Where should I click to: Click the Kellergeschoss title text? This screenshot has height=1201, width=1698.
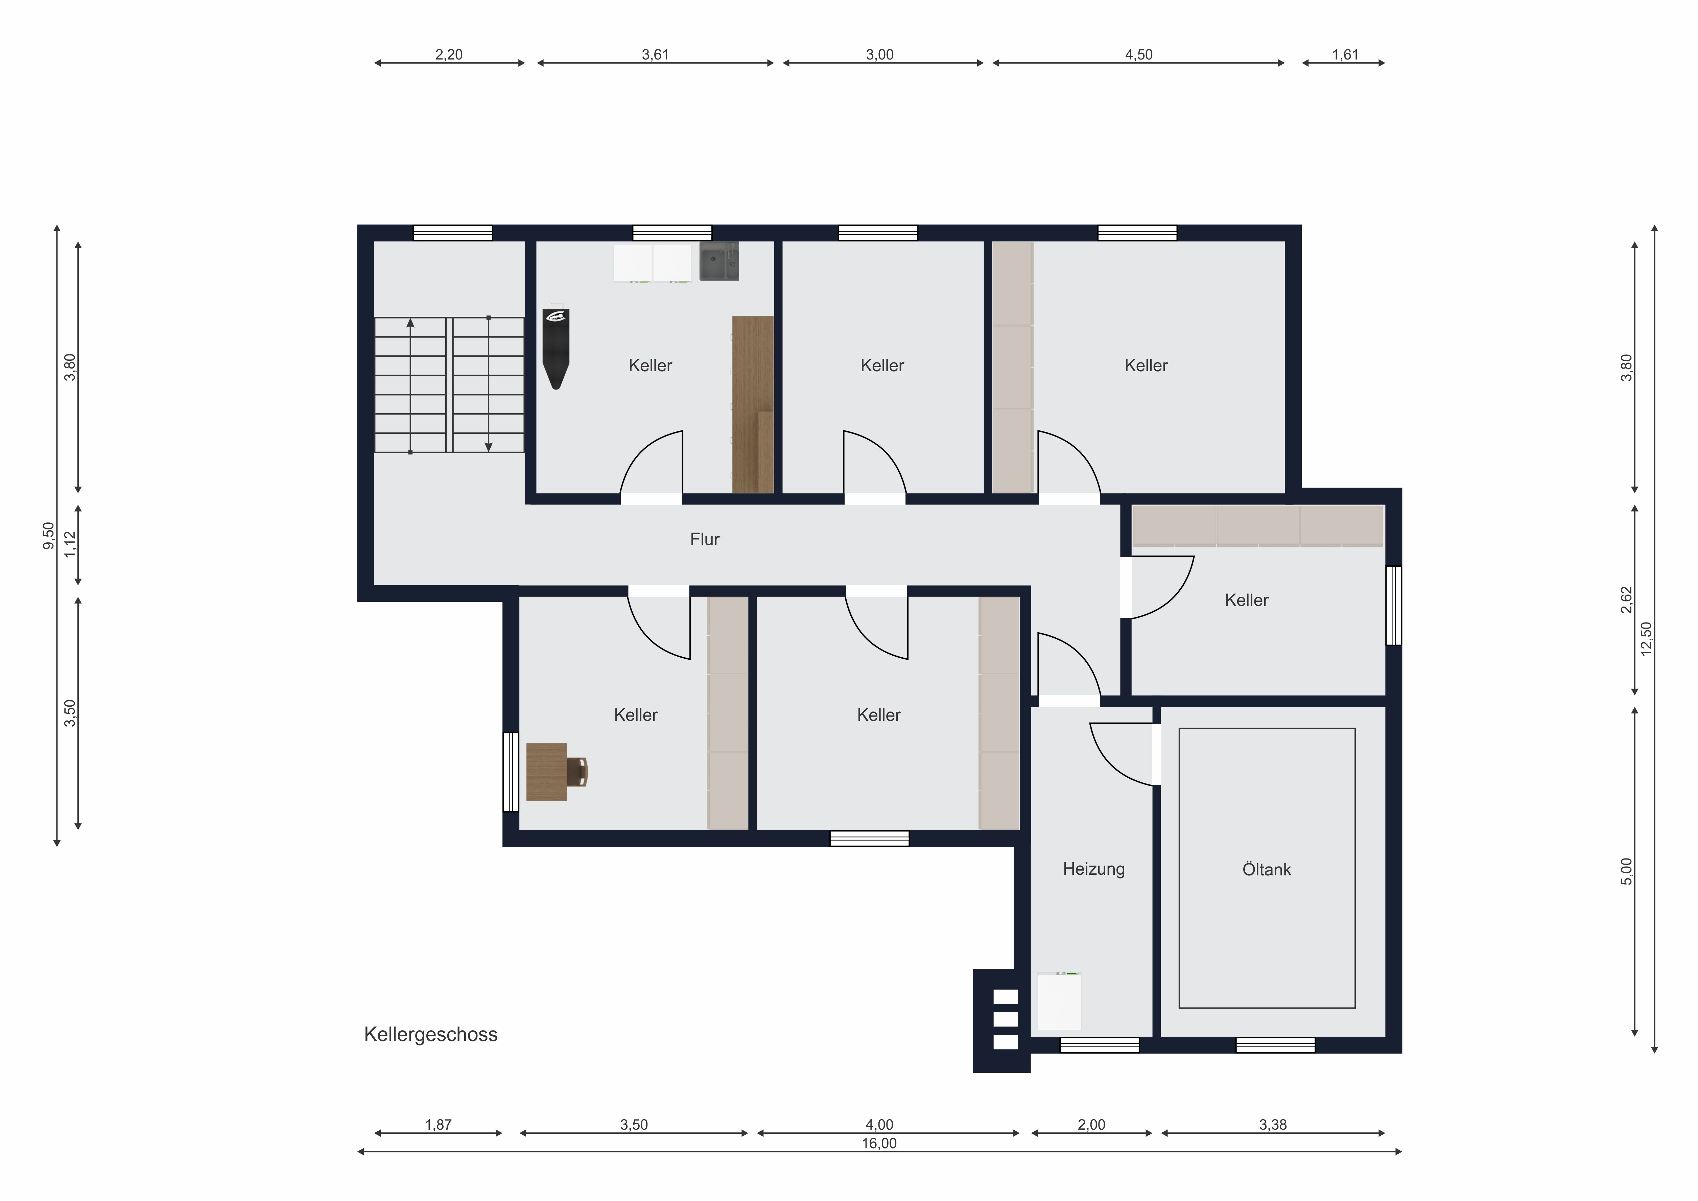(x=430, y=1035)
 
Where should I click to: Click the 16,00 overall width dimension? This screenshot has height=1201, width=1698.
(x=878, y=1143)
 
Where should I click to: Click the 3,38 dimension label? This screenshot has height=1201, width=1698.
(x=1273, y=1125)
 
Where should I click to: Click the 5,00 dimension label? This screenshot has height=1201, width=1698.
(x=1626, y=871)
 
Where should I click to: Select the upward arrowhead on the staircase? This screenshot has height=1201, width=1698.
(x=410, y=323)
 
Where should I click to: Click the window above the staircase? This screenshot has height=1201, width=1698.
(x=453, y=233)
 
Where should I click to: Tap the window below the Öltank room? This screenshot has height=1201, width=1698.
(x=1276, y=1045)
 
